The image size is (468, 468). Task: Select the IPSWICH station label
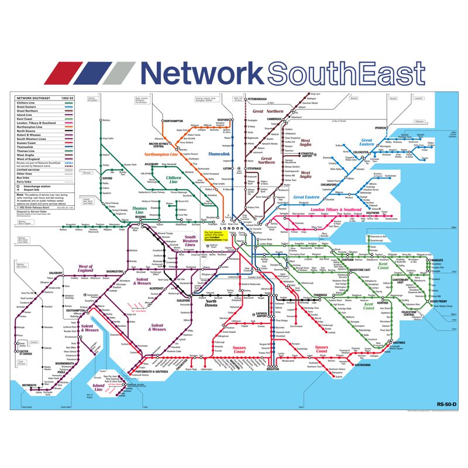(381, 128)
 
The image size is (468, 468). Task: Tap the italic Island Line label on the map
(98, 386)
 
